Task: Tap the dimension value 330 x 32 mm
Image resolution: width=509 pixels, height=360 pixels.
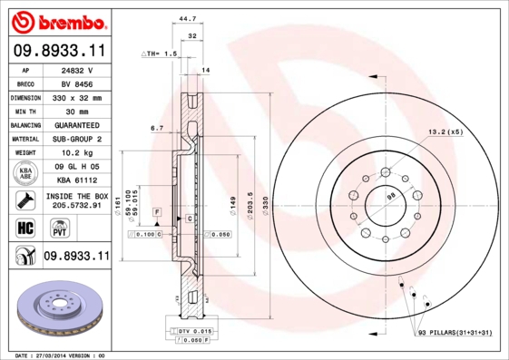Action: pyautogui.click(x=76, y=96)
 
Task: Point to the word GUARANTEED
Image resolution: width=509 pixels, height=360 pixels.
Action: pyautogui.click(x=76, y=124)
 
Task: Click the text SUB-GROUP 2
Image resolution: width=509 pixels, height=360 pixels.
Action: pyautogui.click(x=76, y=139)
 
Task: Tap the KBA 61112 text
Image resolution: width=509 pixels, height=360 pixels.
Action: pyautogui.click(x=76, y=181)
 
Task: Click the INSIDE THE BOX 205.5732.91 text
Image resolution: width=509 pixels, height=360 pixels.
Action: pyautogui.click(x=76, y=201)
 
